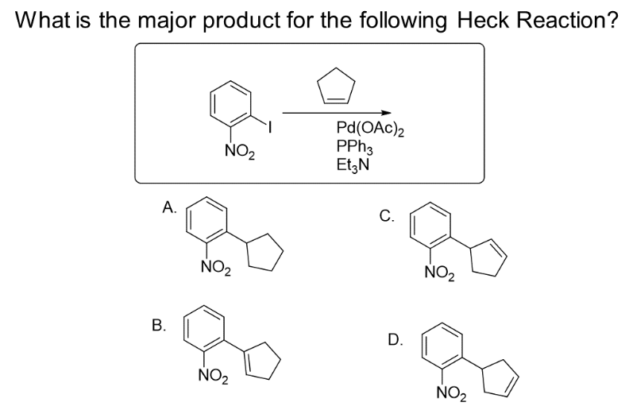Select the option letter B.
[x=158, y=324]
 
